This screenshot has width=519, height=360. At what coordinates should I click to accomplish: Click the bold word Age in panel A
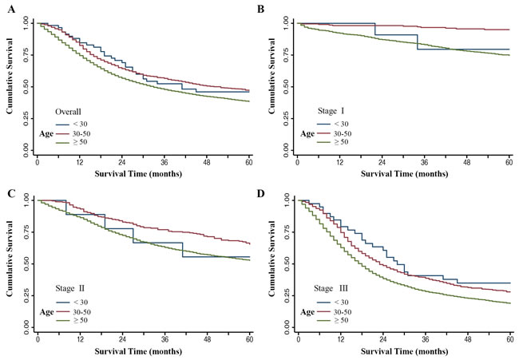pos(49,133)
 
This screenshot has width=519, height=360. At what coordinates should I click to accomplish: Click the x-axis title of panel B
pos(404,174)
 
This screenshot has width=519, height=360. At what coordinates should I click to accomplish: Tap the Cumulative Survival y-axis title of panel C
pos(9,263)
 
